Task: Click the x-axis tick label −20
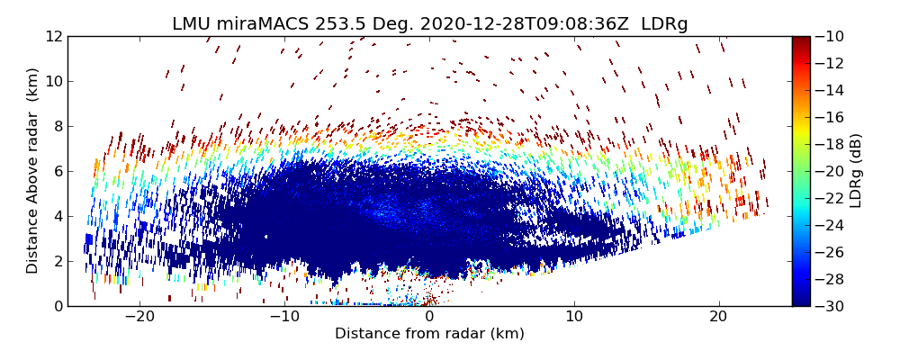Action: point(139,317)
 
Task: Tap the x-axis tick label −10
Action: point(284,317)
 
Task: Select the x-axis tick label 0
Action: point(429,317)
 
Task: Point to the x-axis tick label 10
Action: point(574,317)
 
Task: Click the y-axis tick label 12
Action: point(53,36)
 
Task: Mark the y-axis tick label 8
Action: point(57,126)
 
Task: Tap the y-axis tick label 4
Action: point(57,216)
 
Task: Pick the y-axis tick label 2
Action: point(57,261)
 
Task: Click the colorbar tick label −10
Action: point(832,36)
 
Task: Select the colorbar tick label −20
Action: point(832,171)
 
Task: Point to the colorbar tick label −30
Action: point(832,306)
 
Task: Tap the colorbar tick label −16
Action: point(832,117)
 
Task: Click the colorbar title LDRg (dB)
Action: point(856,171)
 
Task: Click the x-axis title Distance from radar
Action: point(429,334)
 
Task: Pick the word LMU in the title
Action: point(190,24)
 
